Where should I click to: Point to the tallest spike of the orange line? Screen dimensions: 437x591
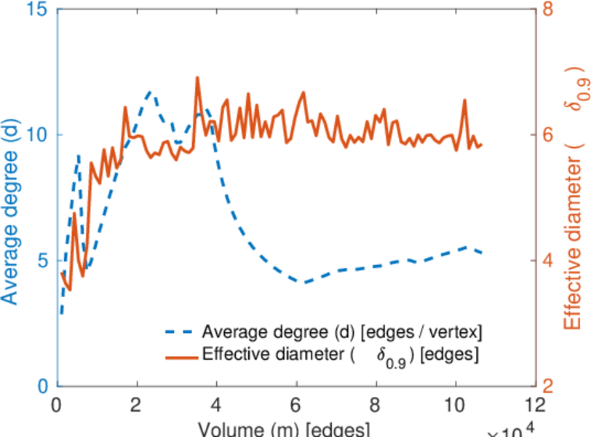[x=197, y=78]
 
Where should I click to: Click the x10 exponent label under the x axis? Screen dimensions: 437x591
[x=512, y=431]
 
